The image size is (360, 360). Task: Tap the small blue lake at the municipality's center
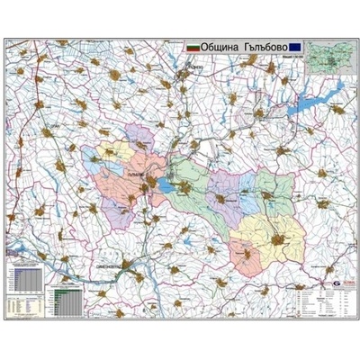166,186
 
